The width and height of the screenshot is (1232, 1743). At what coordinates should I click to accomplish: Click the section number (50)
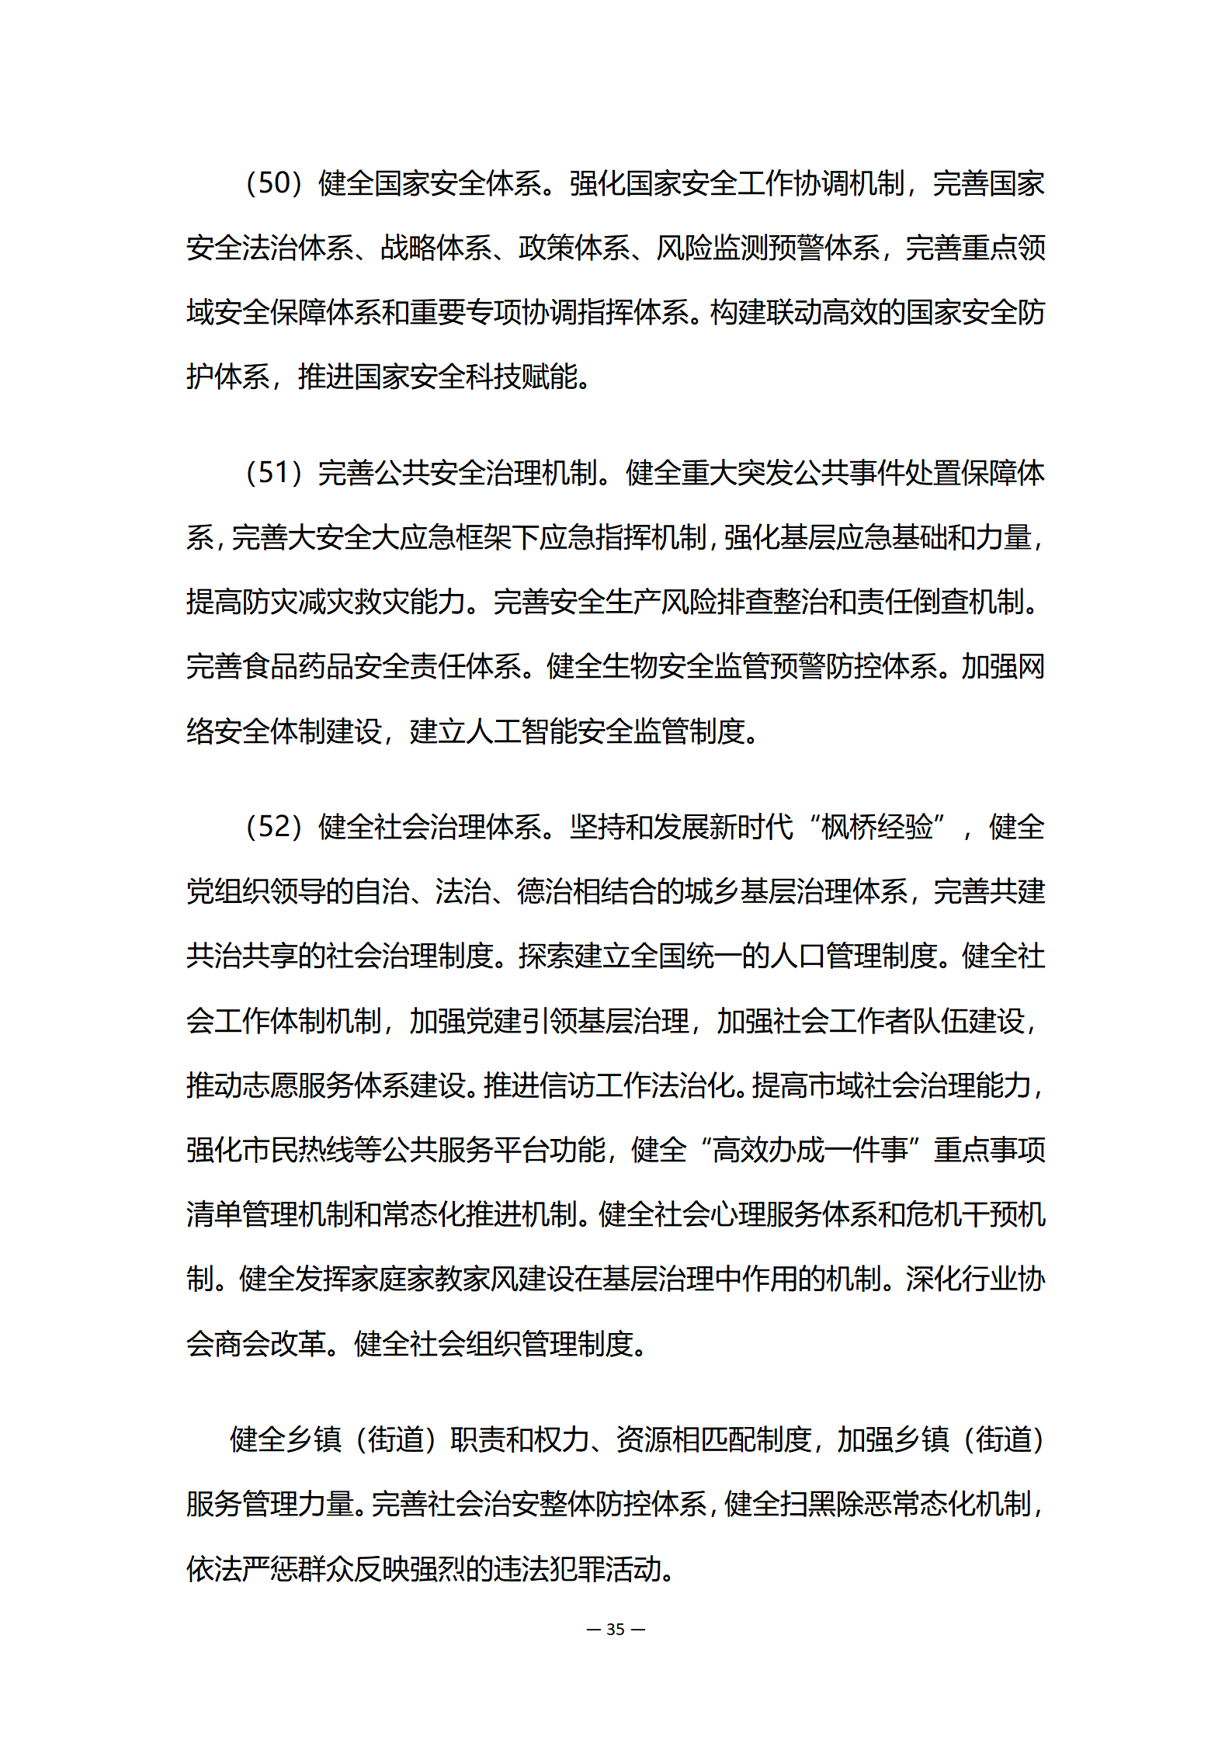273,184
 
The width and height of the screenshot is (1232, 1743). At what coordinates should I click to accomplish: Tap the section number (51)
273,473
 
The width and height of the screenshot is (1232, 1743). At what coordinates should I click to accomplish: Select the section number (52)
273,827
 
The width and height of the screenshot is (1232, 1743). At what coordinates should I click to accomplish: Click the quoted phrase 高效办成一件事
810,1150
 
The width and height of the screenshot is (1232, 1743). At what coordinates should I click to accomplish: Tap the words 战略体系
436,248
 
